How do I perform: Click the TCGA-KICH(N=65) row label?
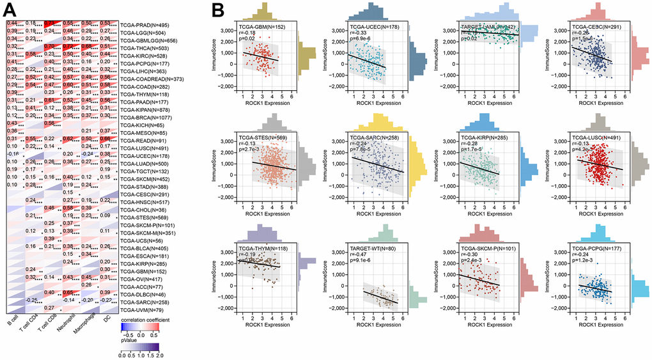point(145,125)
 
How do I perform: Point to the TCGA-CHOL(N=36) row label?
point(145,210)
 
